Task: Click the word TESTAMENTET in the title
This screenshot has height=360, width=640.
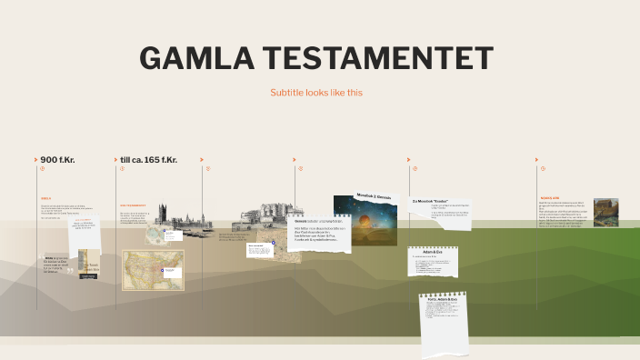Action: [x=374, y=57]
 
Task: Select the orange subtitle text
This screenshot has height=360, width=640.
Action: [x=316, y=93]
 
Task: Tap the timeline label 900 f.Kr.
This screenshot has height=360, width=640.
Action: [x=57, y=160]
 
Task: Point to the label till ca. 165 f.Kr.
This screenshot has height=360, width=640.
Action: [x=148, y=160]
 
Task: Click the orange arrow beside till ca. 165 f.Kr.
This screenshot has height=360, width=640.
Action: [x=115, y=160]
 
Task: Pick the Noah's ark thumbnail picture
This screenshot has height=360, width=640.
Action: [x=605, y=212]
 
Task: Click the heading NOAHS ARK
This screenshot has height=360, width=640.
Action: [x=549, y=198]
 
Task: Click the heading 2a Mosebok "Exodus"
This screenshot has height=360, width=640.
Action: [x=431, y=200]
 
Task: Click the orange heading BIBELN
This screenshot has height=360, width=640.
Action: [x=46, y=198]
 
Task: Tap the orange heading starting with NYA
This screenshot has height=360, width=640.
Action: [x=134, y=205]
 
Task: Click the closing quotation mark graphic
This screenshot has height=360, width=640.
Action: [x=70, y=271]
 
